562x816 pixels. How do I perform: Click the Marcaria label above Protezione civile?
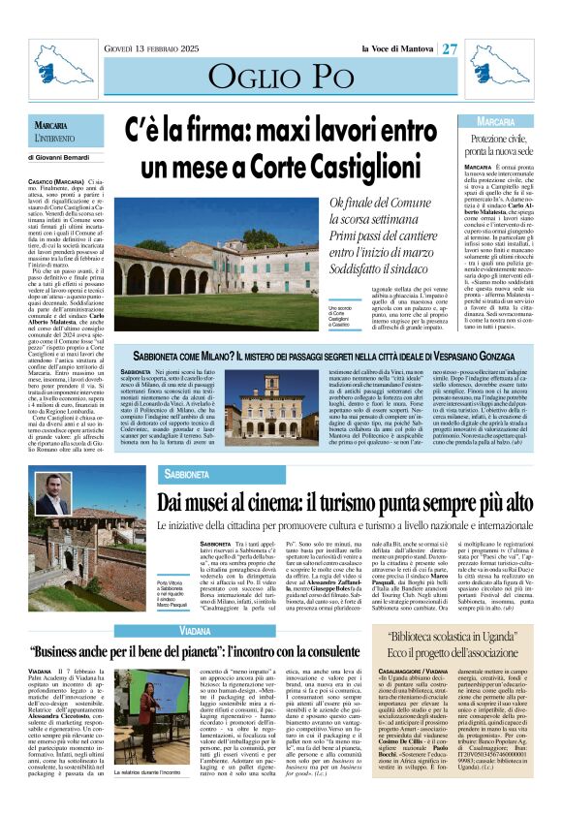(x=496, y=122)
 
